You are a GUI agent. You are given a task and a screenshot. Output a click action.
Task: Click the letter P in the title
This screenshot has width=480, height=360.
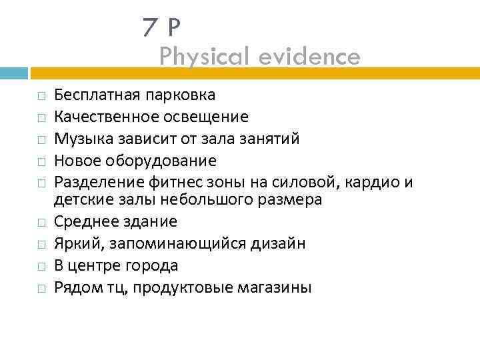tap(173, 27)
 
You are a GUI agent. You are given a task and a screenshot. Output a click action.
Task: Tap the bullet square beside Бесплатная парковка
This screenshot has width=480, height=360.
tap(41, 97)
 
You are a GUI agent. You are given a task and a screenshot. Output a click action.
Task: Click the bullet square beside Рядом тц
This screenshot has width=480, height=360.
tap(41, 288)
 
